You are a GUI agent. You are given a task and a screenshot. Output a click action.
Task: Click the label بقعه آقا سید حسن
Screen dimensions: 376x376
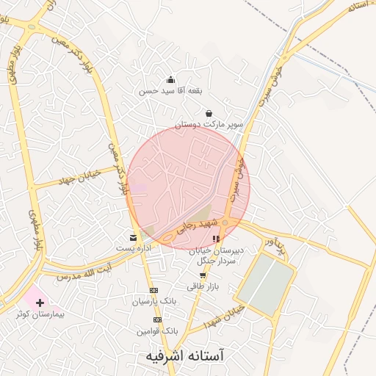pyautogui.click(x=170, y=91)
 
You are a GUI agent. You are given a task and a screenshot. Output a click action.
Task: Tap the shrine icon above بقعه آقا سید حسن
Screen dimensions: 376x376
pyautogui.click(x=170, y=80)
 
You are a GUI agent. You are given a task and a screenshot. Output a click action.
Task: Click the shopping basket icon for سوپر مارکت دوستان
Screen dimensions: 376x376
pyautogui.click(x=210, y=114)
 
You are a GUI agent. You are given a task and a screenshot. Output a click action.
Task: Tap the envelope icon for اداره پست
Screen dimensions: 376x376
pyautogui.click(x=133, y=238)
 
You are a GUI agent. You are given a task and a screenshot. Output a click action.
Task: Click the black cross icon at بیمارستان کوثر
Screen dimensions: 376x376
pyautogui.click(x=40, y=302)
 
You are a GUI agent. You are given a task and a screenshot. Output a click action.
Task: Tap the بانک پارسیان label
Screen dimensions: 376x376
pyautogui.click(x=154, y=301)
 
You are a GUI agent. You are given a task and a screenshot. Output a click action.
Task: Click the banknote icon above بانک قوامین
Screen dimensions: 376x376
pyautogui.click(x=156, y=320)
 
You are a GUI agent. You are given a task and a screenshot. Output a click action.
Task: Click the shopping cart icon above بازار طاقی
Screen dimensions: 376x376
pyautogui.click(x=203, y=276)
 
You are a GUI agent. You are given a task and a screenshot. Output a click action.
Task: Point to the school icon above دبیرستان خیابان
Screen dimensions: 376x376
pyautogui.click(x=215, y=239)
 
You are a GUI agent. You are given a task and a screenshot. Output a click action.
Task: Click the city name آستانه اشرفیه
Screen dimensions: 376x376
pyautogui.click(x=184, y=356)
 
